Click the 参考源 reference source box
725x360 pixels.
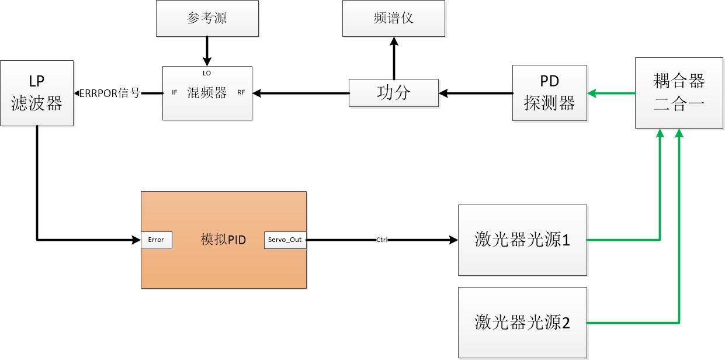pyautogui.click(x=207, y=18)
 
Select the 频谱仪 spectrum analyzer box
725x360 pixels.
pyautogui.click(x=393, y=18)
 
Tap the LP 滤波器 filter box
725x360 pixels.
pyautogui.click(x=37, y=93)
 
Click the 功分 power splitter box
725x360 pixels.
pyautogui.click(x=393, y=93)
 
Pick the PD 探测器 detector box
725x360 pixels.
pyautogui.click(x=550, y=93)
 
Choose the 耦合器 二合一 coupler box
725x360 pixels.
pyautogui.click(x=679, y=93)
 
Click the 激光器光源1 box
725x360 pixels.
pyautogui.click(x=522, y=240)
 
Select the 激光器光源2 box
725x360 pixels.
pyautogui.click(x=522, y=322)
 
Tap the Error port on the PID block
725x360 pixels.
pyautogui.click(x=157, y=240)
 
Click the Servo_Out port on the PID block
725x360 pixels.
pyautogui.click(x=285, y=240)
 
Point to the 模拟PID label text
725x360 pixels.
pyautogui.click(x=223, y=240)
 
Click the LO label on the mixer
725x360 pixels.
pyautogui.click(x=207, y=73)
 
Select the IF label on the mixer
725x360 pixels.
pyautogui.click(x=174, y=92)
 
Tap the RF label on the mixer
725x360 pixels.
pyautogui.click(x=241, y=92)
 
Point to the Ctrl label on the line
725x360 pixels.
pyautogui.click(x=381, y=240)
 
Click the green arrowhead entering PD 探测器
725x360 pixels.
pyautogui.click(x=592, y=93)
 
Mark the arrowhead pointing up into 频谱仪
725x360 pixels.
pyautogui.click(x=393, y=41)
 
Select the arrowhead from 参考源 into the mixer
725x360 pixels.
pyautogui.click(x=206, y=62)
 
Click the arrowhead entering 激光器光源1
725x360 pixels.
pyautogui.click(x=453, y=240)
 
